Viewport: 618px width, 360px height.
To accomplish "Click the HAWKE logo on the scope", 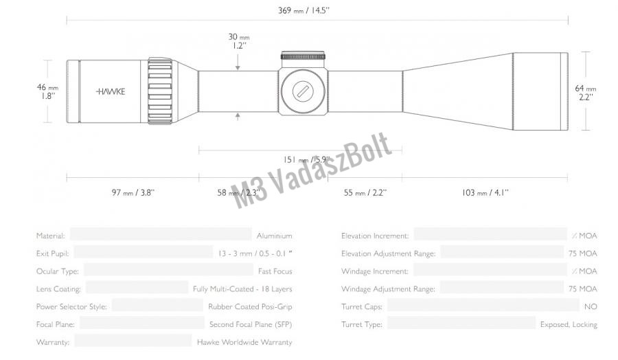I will coord(111,91).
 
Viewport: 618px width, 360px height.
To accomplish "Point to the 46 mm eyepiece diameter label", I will coord(47,92).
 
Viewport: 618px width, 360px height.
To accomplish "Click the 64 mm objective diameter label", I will coord(586,92).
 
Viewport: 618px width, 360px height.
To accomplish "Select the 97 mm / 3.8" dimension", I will coord(133,193).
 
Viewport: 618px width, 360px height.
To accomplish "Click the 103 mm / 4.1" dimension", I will coord(485,193).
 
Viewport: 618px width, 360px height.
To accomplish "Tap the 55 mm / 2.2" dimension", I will coord(365,193).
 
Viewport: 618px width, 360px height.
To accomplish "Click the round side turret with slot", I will coord(303,91).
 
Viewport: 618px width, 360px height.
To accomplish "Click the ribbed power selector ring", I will coord(161,91).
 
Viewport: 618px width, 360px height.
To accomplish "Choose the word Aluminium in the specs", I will coord(274,236).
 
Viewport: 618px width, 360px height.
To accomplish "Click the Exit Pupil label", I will coord(51,254).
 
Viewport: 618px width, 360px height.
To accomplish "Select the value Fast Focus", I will coord(275,271).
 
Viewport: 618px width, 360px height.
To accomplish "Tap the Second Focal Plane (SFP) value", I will coord(251,324).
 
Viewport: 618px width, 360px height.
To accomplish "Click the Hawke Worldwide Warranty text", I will coord(244,342).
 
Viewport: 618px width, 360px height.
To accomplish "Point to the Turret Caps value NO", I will coord(591,306).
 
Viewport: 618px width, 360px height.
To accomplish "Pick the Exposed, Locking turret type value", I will coord(569,324).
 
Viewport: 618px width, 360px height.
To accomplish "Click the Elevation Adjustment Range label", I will coord(388,254).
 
